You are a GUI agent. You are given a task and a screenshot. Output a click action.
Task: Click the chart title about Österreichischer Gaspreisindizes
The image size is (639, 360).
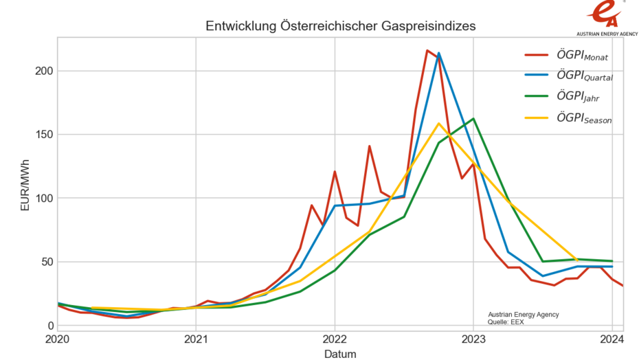pyautogui.click(x=341, y=25)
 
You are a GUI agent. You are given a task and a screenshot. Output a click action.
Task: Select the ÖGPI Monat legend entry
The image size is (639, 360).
pyautogui.click(x=568, y=55)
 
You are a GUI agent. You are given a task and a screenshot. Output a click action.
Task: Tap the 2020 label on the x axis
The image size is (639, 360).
pyautogui.click(x=58, y=340)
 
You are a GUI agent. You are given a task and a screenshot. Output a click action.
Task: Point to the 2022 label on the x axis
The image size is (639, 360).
pyautogui.click(x=335, y=340)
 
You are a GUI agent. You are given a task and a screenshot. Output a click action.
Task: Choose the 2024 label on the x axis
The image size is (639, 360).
pyautogui.click(x=612, y=340)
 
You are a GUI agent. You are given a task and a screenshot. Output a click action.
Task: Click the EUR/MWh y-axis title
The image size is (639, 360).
pyautogui.click(x=25, y=184)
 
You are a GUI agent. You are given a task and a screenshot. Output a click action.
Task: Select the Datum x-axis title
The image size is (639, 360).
pyautogui.click(x=340, y=353)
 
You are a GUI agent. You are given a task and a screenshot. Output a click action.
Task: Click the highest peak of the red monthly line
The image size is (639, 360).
pyautogui.click(x=427, y=50)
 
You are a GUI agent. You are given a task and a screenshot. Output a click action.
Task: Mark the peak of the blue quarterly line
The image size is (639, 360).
pyautogui.click(x=439, y=53)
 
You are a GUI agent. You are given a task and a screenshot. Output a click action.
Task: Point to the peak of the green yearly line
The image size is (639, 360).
pyautogui.click(x=473, y=119)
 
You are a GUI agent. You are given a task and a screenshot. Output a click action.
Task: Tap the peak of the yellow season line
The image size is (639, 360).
pyautogui.click(x=438, y=124)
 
